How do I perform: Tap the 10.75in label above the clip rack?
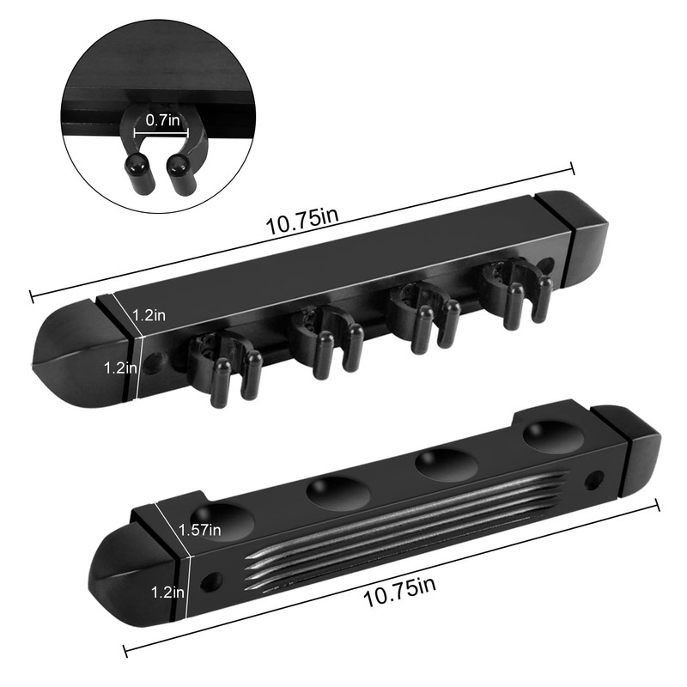[301, 222]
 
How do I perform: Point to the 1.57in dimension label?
[199, 530]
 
